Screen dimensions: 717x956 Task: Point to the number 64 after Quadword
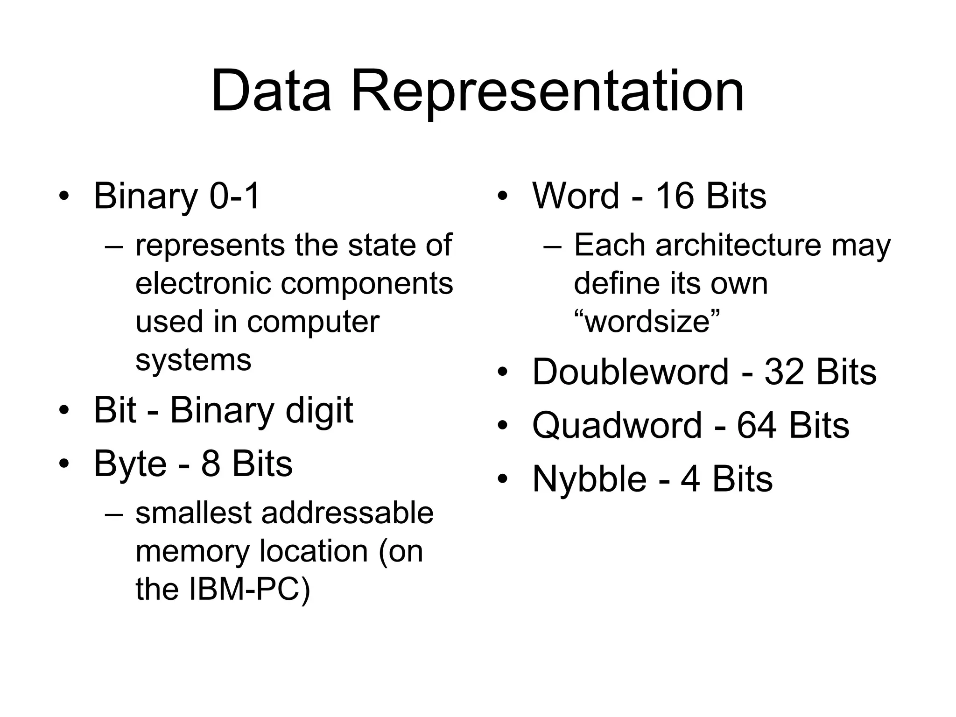(x=757, y=425)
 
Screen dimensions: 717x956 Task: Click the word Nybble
(x=589, y=479)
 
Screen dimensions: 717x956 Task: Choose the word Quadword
(x=617, y=425)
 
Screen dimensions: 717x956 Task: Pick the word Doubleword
(x=630, y=372)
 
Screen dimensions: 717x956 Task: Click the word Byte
(x=130, y=464)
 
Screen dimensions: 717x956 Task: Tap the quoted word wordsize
(x=647, y=322)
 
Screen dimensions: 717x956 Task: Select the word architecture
(x=738, y=245)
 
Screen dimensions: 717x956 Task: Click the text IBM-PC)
(x=249, y=589)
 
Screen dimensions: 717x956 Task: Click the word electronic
(x=203, y=283)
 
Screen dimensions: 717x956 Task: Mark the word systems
(x=193, y=360)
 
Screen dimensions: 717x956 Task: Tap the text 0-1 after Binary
(x=234, y=196)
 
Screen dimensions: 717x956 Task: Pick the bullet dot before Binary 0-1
(x=64, y=196)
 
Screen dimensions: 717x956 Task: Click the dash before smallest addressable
(x=114, y=513)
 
